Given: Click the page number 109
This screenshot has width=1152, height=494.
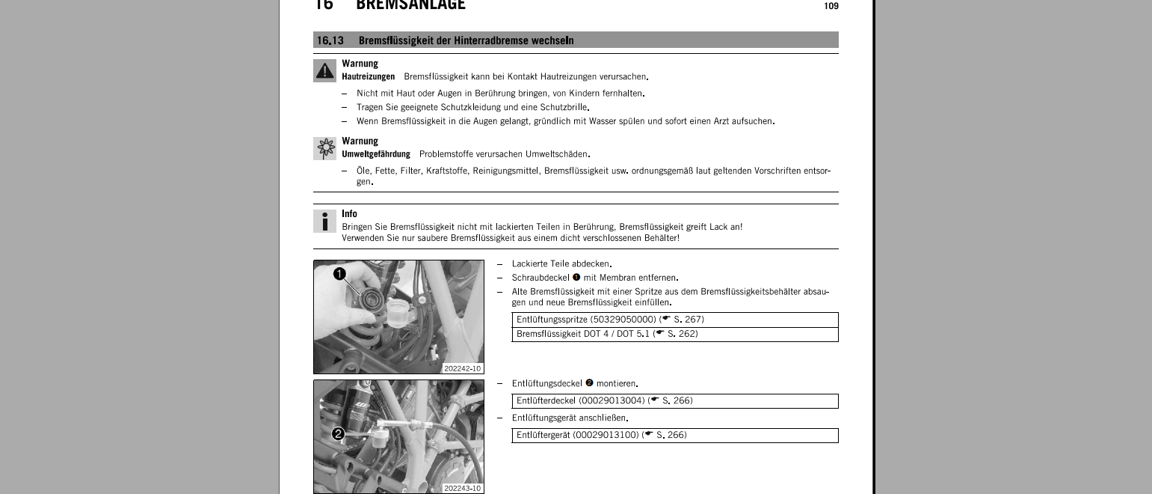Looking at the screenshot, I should coord(831,7).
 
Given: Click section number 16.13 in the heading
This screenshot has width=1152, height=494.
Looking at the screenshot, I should coord(330,40).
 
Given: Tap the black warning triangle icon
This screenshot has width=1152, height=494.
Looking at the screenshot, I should coord(324,70).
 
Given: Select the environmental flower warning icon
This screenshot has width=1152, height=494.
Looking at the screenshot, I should coord(324,148).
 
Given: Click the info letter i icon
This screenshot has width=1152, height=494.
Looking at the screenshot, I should coord(324,221).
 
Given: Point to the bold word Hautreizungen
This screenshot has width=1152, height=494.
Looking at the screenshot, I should coord(368,77).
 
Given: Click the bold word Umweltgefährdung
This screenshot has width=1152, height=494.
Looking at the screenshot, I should coord(375,154).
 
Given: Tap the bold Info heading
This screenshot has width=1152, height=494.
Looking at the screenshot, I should coord(349,214).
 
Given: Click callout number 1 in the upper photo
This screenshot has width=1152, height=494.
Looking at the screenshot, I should coord(339,274).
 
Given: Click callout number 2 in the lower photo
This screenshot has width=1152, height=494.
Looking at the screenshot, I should coord(338,433).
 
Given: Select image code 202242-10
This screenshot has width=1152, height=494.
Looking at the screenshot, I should coord(463,368).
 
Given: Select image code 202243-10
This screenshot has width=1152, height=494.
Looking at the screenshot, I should coord(463,488).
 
